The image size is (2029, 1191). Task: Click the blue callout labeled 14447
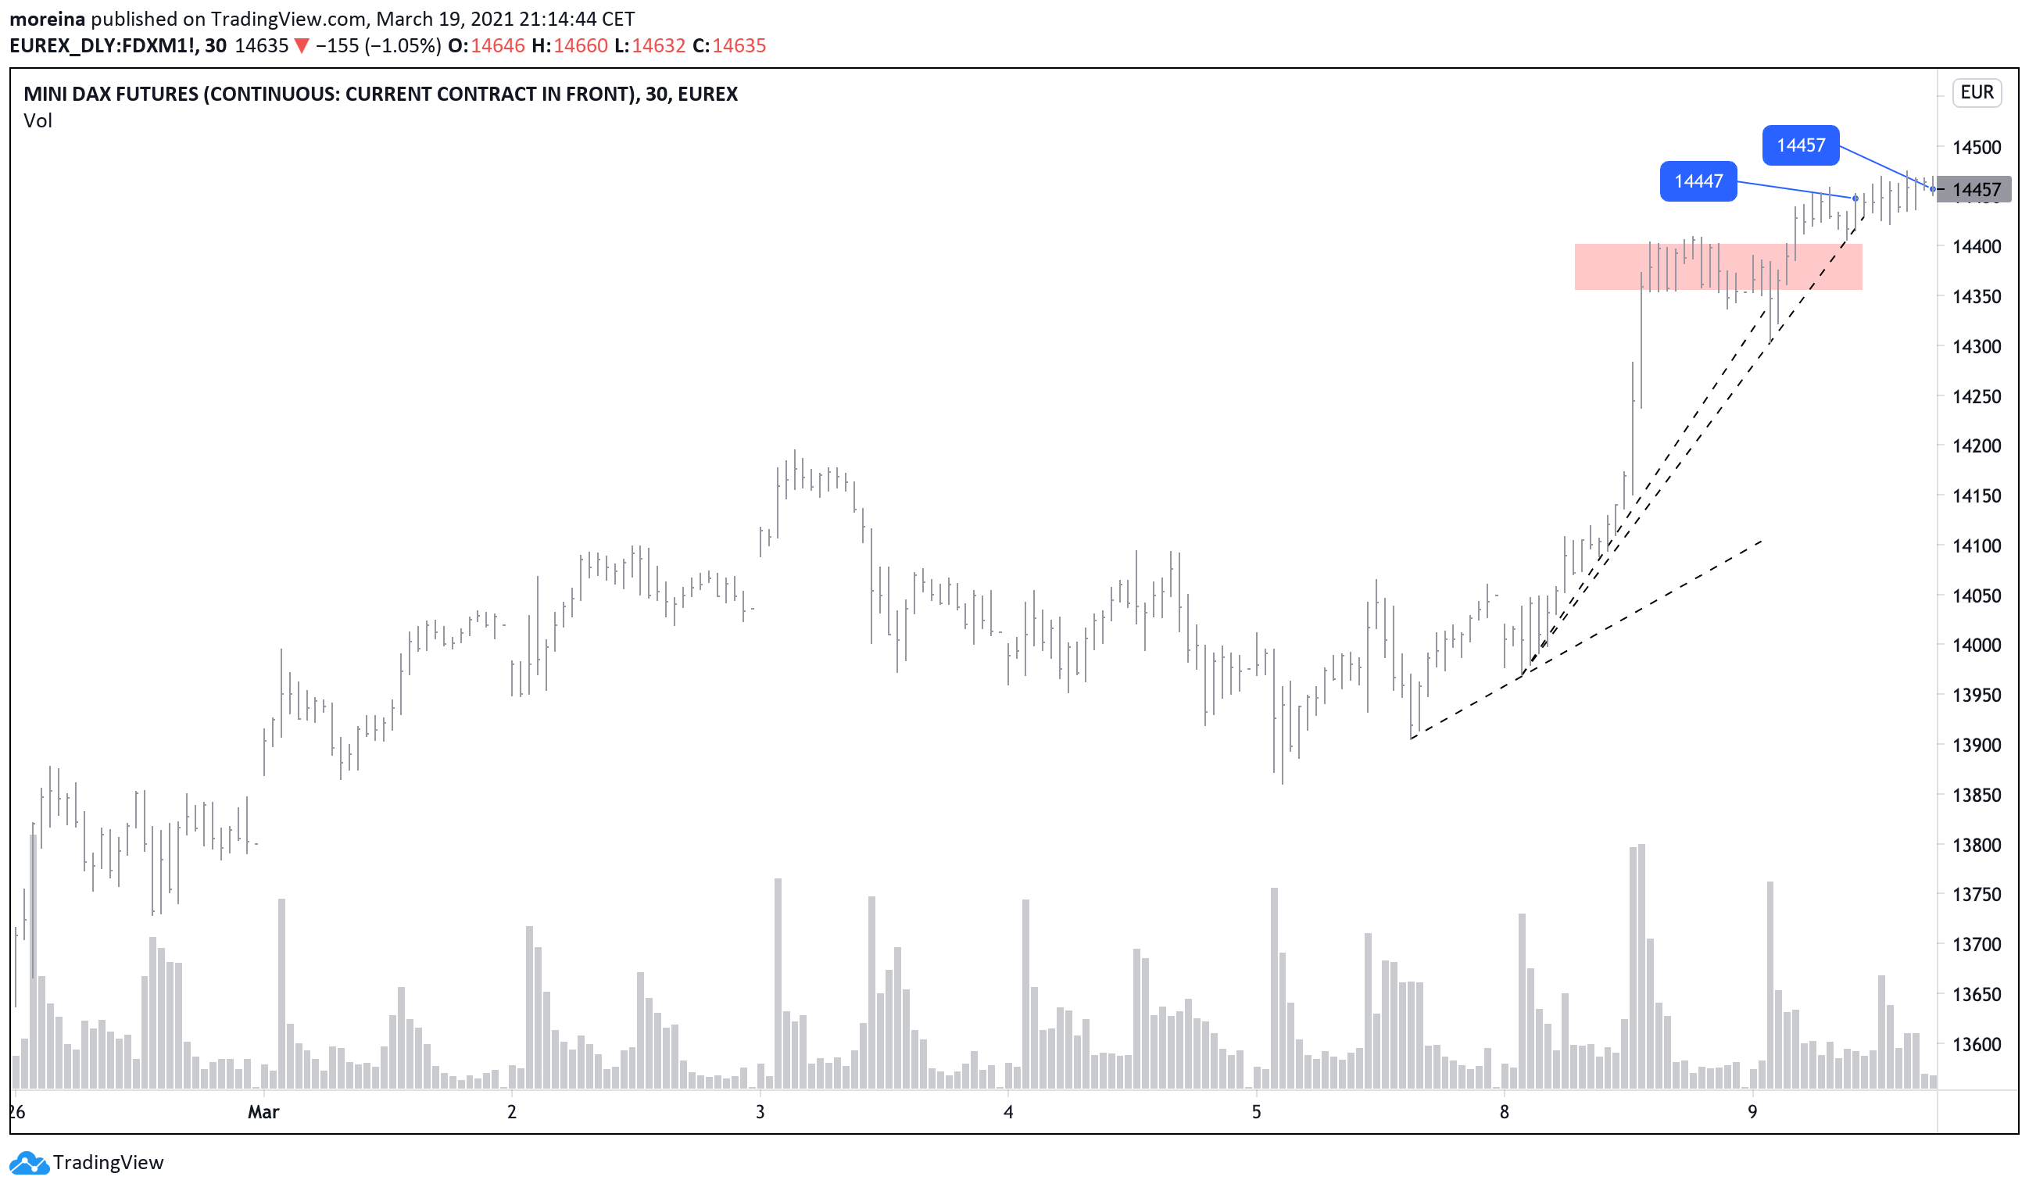coord(1698,181)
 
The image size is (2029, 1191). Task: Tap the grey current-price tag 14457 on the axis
coord(1975,190)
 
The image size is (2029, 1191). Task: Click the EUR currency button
coord(1976,92)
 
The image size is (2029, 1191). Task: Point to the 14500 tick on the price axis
coord(1976,148)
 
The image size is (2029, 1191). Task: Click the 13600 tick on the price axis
coord(1976,1044)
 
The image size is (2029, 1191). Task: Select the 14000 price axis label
coord(1976,646)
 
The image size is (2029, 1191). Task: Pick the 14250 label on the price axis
coord(1976,397)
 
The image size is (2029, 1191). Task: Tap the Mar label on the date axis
coord(263,1113)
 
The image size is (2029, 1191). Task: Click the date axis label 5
coord(1256,1113)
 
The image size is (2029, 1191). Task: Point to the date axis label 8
coord(1504,1113)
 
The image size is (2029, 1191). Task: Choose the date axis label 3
coord(760,1113)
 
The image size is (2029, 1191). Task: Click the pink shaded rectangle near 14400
coord(1717,266)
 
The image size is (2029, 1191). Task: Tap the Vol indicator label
coord(38,121)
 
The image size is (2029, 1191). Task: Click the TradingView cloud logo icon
coord(29,1163)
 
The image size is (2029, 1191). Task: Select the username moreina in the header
coord(47,19)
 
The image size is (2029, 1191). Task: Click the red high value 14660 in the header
coord(581,46)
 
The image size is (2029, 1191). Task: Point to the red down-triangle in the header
coord(301,46)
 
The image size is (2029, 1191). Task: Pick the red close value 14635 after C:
coord(739,46)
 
